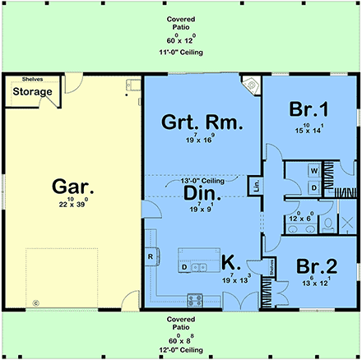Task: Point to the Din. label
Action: [x=196, y=194]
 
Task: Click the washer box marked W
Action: [x=313, y=171]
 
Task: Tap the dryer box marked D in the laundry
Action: [x=313, y=187]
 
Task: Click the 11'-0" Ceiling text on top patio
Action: [x=181, y=52]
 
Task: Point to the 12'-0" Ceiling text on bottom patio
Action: [x=181, y=350]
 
